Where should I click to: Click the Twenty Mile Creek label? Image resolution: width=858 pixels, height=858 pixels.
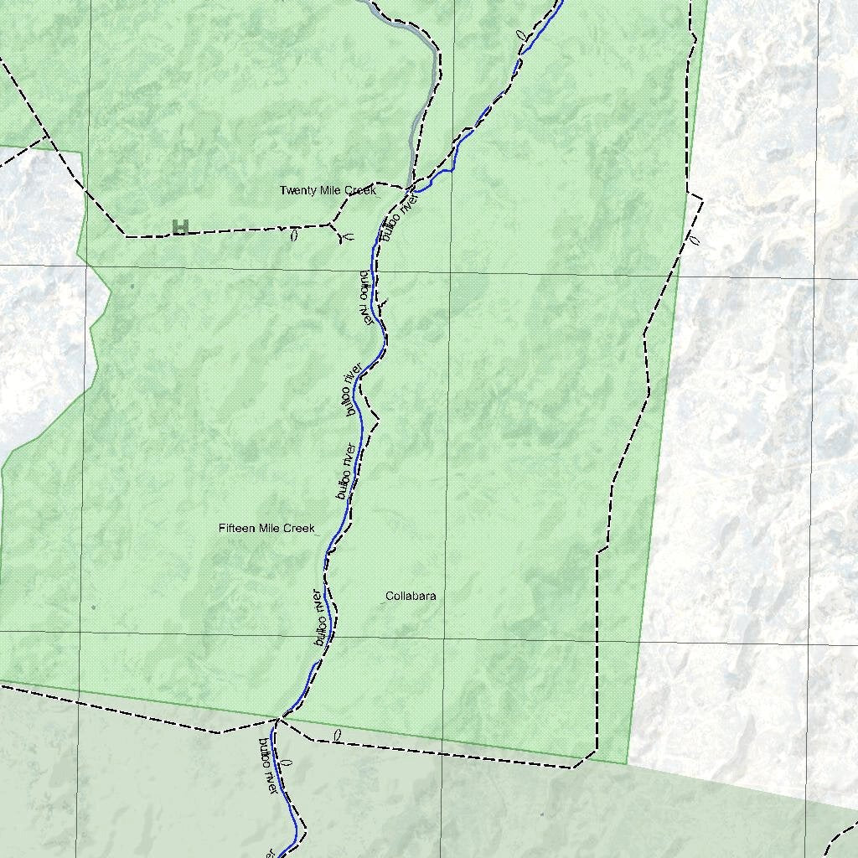[328, 191]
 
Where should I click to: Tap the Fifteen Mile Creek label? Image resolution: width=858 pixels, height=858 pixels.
[266, 529]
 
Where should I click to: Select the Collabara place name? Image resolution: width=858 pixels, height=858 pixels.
[411, 597]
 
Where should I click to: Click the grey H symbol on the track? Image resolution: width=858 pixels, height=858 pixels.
[179, 226]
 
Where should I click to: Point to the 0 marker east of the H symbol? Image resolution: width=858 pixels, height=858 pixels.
[293, 236]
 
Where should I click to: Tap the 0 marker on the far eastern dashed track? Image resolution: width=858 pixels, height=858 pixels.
[693, 240]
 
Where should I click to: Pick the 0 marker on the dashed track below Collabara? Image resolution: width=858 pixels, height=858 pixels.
[337, 736]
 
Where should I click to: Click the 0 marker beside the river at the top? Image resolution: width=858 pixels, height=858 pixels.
[520, 36]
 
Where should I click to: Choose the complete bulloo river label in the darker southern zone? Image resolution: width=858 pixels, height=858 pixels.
[266, 766]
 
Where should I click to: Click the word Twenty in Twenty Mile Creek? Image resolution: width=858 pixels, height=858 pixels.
[296, 191]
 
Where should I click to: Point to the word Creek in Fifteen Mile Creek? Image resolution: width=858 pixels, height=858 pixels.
[299, 529]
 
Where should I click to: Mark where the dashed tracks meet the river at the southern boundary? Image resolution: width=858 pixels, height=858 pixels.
[279, 718]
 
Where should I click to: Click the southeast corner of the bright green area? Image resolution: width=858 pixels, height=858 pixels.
[628, 763]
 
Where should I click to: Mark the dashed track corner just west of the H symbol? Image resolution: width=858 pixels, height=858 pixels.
[127, 236]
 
